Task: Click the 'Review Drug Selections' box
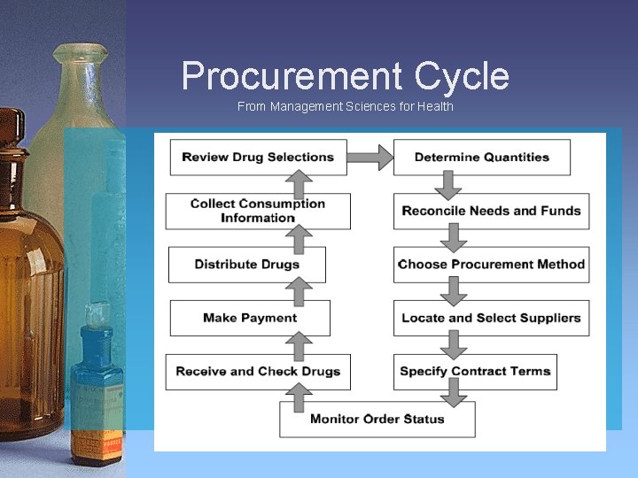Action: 258,158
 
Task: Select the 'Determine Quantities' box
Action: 482,158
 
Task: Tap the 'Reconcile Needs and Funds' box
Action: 491,212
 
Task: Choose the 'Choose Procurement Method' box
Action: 491,265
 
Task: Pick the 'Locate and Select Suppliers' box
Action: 491,318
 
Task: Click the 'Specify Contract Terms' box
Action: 475,371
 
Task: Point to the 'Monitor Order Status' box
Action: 377,419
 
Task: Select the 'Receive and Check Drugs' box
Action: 258,371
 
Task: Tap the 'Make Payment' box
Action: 250,318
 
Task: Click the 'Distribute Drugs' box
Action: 247,265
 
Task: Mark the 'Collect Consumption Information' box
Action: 258,211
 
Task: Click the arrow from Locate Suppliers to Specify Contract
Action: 455,344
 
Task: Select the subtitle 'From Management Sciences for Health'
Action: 345,107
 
